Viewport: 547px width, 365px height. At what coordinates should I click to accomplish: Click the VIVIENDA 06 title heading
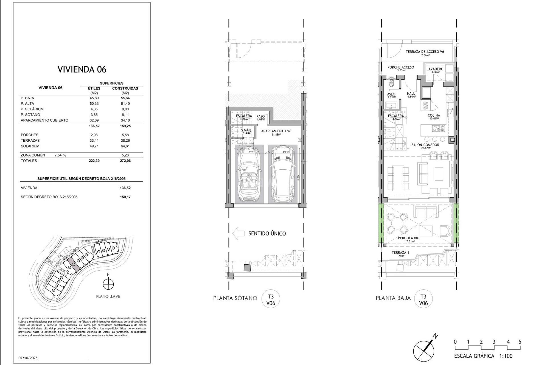82,69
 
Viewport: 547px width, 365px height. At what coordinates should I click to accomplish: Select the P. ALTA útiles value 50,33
94,104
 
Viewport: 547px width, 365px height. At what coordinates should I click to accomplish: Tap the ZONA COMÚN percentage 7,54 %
60,155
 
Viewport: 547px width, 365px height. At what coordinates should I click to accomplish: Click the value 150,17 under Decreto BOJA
125,197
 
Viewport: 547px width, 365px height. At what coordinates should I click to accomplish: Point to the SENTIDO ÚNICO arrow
239,233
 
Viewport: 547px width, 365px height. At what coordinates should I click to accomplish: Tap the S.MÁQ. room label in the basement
246,131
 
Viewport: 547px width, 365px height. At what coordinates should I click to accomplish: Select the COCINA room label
434,115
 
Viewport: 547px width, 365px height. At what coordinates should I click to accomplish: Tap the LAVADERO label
435,69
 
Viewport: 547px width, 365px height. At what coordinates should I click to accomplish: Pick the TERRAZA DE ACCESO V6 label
425,52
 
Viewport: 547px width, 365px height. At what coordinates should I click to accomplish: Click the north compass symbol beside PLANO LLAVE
108,284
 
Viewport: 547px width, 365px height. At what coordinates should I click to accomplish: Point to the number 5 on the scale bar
520,342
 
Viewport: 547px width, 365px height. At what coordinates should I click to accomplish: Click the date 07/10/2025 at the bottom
28,358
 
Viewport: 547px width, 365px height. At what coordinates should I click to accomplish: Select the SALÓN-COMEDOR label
425,145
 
